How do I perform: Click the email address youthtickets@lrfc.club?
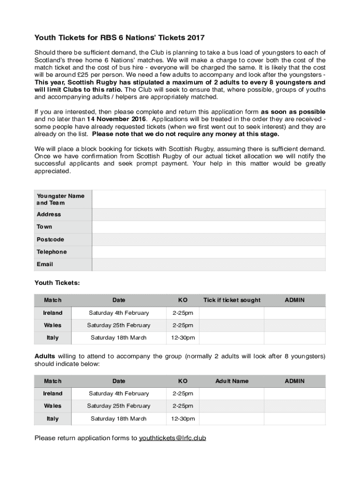[x=173, y=438]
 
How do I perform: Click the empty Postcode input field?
[x=209, y=239]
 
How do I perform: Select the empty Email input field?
[x=209, y=264]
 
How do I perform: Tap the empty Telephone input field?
[x=209, y=252]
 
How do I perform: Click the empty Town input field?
[x=209, y=227]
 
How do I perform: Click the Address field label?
[x=49, y=214]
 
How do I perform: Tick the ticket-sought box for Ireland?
[x=232, y=313]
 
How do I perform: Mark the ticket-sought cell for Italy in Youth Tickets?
[x=232, y=338]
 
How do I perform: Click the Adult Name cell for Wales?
[x=232, y=406]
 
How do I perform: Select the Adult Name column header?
[x=232, y=381]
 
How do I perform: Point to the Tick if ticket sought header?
[x=232, y=300]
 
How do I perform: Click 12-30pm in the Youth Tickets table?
[x=183, y=338]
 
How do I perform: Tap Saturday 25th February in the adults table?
[x=119, y=406]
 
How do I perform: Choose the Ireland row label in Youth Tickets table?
[x=53, y=313]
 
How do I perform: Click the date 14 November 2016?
[x=116, y=119]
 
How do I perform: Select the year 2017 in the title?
[x=195, y=37]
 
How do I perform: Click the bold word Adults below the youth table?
[x=45, y=356]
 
